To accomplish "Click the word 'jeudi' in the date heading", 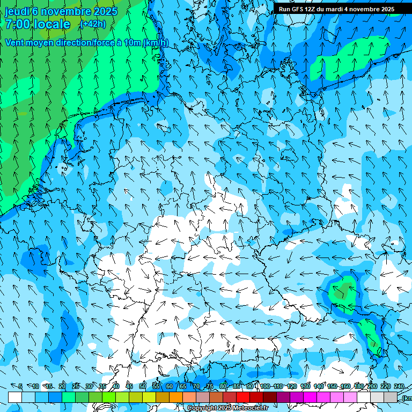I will (17, 11).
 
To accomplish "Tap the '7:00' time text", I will (18, 24).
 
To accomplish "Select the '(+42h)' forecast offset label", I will (92, 24).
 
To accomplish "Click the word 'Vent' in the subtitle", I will (15, 42).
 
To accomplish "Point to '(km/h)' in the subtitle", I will (156, 42).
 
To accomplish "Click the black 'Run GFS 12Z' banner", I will (336, 9).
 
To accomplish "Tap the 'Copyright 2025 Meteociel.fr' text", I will (227, 408).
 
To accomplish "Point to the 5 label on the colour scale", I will (20, 386).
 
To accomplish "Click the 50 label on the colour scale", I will (143, 386).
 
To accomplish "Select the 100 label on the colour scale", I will (264, 386).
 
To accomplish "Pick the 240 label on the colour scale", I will (399, 386).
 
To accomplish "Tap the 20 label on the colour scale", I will (62, 386).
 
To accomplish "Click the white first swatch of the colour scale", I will (15, 397).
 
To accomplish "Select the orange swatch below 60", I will (176, 397).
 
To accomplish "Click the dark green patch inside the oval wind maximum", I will (342, 291).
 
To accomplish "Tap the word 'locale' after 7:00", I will (50, 24).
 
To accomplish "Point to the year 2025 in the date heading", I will (106, 11).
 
